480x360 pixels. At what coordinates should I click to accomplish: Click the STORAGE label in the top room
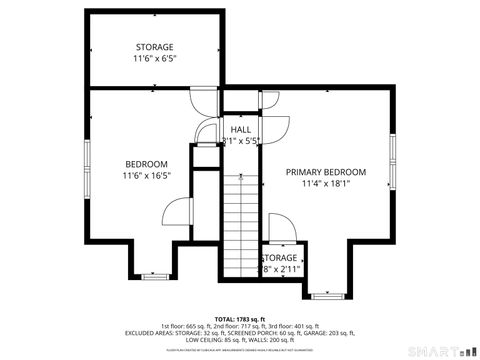pos(155,47)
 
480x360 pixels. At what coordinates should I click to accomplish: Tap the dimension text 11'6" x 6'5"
pos(155,60)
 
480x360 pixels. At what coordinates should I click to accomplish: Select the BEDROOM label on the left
pos(146,164)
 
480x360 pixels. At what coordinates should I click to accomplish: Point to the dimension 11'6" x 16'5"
pos(146,177)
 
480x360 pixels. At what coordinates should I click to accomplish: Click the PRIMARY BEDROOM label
pos(326,172)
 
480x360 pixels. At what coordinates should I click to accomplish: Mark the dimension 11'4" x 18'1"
pos(326,185)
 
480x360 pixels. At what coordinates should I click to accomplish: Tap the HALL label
pos(241,130)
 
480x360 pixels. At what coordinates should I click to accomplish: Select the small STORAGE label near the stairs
pos(281,258)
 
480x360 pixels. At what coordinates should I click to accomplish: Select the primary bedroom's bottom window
pos(326,295)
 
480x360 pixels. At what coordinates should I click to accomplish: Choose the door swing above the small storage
pos(279,228)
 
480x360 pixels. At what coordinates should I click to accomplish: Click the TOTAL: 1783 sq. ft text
pos(239,318)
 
